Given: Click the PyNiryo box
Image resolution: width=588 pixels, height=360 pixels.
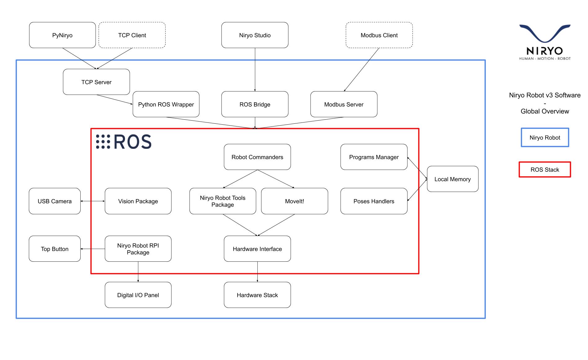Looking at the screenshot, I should tap(62, 35).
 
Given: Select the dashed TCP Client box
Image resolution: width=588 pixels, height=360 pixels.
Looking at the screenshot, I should tap(132, 35).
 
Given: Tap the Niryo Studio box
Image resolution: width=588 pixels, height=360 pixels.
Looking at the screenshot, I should tap(255, 35).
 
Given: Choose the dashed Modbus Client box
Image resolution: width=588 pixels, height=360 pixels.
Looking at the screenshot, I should tap(379, 35).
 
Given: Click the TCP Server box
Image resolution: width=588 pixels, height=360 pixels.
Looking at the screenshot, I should tap(96, 82).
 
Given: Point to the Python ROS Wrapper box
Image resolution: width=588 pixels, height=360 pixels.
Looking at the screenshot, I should tap(166, 104).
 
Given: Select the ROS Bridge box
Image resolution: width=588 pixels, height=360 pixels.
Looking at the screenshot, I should tap(255, 104).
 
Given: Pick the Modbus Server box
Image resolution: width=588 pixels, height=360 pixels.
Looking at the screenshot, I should tap(344, 104).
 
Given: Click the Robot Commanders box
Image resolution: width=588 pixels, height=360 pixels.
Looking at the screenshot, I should tap(257, 157).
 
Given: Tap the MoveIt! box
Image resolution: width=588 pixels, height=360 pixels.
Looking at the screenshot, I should tap(294, 201).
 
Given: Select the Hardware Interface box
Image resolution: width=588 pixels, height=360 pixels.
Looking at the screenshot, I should tap(257, 249).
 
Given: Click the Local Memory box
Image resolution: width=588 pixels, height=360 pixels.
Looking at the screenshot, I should tap(452, 179).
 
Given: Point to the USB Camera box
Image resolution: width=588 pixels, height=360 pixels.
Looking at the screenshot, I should tap(55, 201).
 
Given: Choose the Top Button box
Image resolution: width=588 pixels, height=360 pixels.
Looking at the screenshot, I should tap(55, 249).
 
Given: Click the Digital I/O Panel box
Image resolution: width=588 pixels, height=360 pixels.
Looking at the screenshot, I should tap(138, 295).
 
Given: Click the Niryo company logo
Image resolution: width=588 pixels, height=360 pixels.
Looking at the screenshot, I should tap(545, 42).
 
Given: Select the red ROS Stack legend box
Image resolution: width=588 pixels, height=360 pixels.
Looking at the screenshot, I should tap(545, 170).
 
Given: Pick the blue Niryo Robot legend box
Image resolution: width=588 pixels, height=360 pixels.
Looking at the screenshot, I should tap(545, 137).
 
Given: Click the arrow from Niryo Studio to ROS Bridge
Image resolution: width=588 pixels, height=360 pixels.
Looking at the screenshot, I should tap(255, 69).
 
